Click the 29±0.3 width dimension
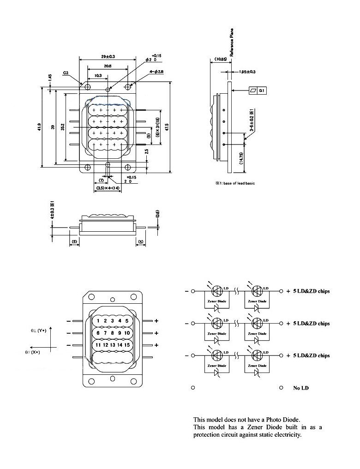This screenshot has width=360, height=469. pyautogui.click(x=108, y=56)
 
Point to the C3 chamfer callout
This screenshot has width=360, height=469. pyautogui.click(x=67, y=73)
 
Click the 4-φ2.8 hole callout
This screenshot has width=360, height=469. pyautogui.click(x=148, y=72)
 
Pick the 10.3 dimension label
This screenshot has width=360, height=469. pyautogui.click(x=97, y=75)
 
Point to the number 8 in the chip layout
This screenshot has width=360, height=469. pyautogui.click(x=112, y=333)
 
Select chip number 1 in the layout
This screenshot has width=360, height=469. pyautogui.click(x=98, y=321)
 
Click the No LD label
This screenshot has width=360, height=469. pyautogui.click(x=301, y=388)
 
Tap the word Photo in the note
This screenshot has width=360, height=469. pyautogui.click(x=272, y=420)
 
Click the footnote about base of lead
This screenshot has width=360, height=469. pyautogui.click(x=234, y=183)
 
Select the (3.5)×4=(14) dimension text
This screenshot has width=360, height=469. pyautogui.click(x=108, y=188)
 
